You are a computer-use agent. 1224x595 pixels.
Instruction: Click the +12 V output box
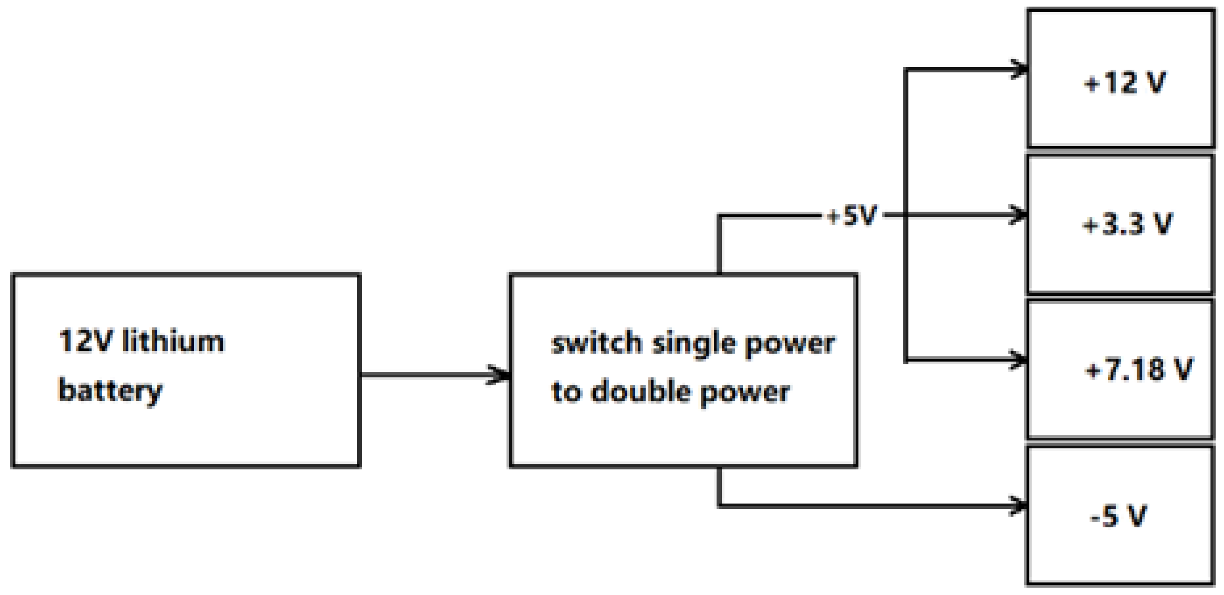(1120, 79)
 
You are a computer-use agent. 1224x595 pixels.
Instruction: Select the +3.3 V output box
(1120, 224)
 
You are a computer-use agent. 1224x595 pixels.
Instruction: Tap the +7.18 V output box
(1120, 370)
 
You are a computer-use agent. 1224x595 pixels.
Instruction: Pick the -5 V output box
(1120, 516)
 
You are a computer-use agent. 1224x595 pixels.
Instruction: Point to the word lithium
(173, 342)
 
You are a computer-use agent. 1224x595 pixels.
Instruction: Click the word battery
(110, 391)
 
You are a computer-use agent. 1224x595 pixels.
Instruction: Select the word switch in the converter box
(597, 343)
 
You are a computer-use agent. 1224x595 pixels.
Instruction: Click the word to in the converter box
(566, 392)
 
